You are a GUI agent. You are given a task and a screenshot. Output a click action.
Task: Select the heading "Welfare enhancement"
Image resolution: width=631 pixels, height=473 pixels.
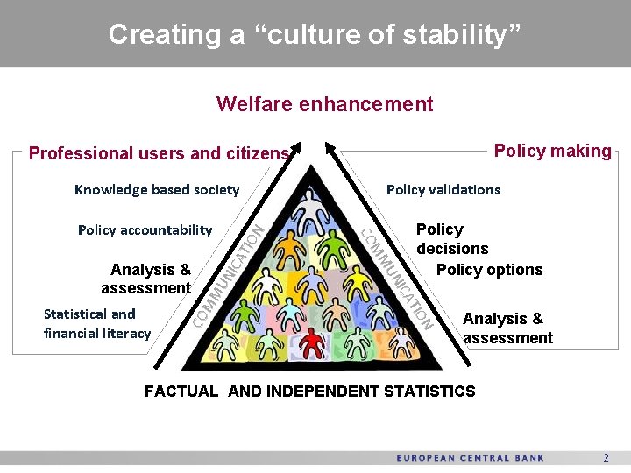click(324, 104)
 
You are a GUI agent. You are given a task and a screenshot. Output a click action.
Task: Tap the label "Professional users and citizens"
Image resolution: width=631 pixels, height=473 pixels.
click(159, 153)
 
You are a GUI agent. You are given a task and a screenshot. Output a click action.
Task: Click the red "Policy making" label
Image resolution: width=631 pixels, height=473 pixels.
click(552, 151)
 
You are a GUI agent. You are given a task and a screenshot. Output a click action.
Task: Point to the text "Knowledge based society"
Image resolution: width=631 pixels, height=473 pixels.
click(157, 189)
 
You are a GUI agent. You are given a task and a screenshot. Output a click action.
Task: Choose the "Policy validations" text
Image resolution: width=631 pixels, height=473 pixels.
click(443, 189)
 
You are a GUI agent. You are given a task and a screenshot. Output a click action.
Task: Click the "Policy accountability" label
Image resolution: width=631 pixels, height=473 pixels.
click(145, 229)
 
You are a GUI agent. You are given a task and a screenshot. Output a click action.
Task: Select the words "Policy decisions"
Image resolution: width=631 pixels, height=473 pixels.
click(451, 238)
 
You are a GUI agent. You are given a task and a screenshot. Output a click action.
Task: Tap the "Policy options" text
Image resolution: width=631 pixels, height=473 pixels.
click(489, 270)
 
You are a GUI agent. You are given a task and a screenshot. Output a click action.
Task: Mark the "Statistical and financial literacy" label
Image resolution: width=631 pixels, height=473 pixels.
click(97, 323)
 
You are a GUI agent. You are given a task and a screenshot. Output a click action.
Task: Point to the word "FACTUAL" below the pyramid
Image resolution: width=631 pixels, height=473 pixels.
click(181, 392)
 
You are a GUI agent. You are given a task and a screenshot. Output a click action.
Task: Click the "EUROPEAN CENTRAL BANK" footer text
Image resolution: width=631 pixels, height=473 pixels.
click(470, 458)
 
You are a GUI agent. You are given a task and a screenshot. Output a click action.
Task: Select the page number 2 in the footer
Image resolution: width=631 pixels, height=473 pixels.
click(605, 458)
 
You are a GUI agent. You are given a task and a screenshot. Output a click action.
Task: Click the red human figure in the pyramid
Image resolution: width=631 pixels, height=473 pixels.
click(312, 342)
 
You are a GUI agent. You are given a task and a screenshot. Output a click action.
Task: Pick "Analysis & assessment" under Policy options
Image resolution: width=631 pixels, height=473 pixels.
click(507, 328)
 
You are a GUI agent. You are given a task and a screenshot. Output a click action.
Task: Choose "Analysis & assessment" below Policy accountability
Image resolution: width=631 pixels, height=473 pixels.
click(146, 279)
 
